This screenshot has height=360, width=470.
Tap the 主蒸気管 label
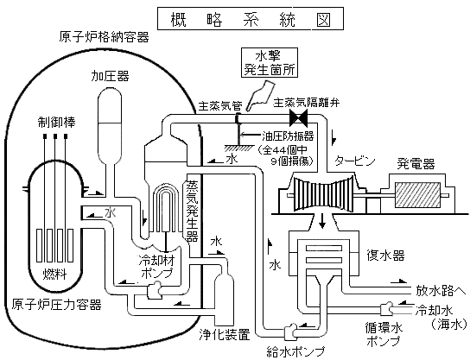(220, 104)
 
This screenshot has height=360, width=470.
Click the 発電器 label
(416, 162)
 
